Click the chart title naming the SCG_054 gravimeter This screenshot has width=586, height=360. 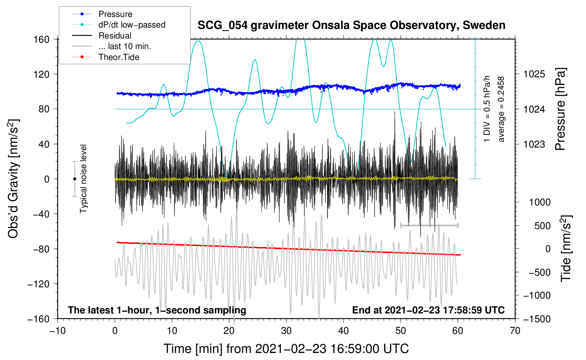coord(351,25)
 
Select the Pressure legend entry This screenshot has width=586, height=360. coord(115,14)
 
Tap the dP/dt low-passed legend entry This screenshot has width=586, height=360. coord(132,25)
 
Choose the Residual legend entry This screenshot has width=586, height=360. coord(115,36)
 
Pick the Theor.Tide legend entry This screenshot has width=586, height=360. coord(119,57)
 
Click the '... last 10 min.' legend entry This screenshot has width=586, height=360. coord(125,46)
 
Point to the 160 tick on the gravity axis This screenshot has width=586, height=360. coord(42,39)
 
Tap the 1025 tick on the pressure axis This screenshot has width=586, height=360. coord(534,74)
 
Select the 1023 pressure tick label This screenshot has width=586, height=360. coord(534,144)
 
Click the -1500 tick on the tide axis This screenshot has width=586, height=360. coord(537,319)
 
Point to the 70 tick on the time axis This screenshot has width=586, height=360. coord(515,331)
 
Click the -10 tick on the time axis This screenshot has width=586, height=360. coord(58,331)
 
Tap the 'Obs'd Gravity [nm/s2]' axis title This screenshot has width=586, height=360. coord(13,179)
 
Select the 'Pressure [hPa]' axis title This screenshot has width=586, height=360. coord(560,109)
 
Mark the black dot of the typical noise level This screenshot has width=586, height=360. coord(74,179)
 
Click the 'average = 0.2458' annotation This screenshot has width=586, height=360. coord(501,109)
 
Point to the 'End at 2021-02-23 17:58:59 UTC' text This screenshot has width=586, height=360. coord(428,310)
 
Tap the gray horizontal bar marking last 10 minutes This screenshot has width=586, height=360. coord(429,225)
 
